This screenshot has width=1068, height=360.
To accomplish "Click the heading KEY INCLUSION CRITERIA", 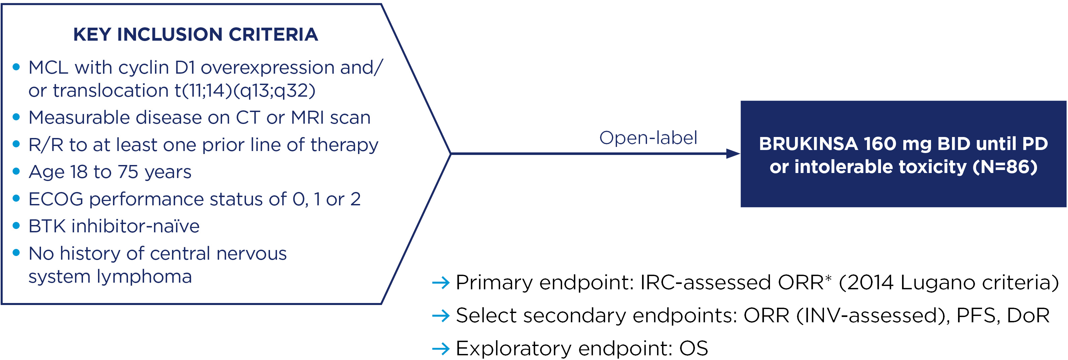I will click(195, 34).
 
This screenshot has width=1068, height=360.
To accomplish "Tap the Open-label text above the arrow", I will click(648, 138).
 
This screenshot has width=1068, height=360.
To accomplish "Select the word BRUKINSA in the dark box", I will click(808, 144).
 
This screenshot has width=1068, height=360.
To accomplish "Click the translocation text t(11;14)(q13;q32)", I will click(245, 91).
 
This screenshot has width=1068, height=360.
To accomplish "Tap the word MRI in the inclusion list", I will click(308, 118).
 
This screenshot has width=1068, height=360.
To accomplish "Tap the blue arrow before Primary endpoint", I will click(441, 283).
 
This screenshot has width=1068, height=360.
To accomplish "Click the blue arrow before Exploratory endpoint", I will click(441, 348).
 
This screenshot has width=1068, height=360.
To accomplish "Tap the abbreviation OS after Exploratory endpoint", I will click(693, 348).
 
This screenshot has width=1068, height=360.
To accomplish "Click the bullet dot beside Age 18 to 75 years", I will click(16, 171).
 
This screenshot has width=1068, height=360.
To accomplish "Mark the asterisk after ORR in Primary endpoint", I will click(828, 278).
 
